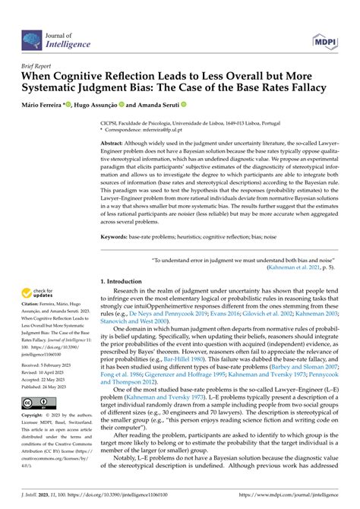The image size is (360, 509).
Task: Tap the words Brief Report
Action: click(x=35, y=66)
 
